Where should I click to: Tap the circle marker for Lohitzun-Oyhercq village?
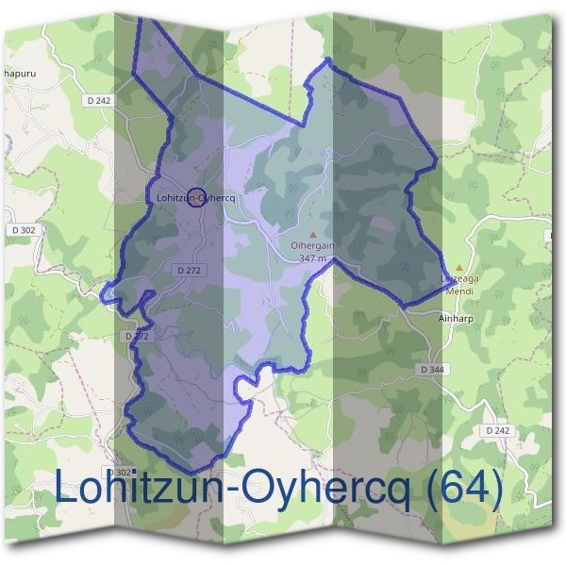(195, 197)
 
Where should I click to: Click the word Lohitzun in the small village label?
(174, 197)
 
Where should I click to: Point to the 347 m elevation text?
(312, 258)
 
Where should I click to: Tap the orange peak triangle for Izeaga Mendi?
(459, 268)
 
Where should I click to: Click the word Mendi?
(459, 292)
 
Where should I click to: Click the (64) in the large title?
(460, 488)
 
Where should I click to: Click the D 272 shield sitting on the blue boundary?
(137, 336)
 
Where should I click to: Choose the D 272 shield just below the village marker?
(190, 270)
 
